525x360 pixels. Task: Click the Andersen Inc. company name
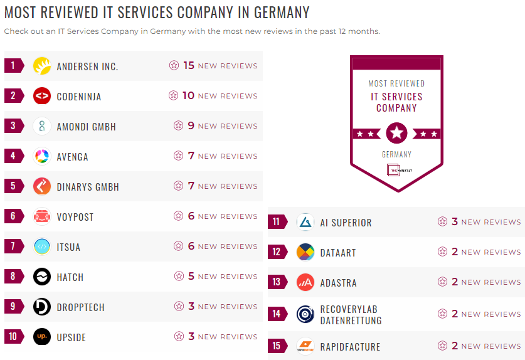point(87,66)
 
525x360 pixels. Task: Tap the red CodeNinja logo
point(42,96)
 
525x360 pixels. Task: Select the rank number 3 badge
point(13,126)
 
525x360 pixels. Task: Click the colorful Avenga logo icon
point(42,156)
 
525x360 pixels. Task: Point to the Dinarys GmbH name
point(88,187)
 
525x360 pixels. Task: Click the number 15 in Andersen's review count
point(189,65)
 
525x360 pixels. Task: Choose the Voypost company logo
point(42,216)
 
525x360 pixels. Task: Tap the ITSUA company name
point(68,247)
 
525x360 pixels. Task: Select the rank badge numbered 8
point(13,277)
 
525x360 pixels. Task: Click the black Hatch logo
point(42,277)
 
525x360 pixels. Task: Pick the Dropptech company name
point(80,307)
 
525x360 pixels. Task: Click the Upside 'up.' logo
point(42,337)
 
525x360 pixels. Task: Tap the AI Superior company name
point(346,223)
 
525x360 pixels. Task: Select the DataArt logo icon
point(305,252)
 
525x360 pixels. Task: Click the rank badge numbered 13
point(277,282)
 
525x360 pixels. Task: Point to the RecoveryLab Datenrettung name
point(351,315)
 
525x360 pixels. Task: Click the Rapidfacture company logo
point(305,346)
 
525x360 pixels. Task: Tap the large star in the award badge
point(396,133)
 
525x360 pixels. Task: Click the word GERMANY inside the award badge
point(396,154)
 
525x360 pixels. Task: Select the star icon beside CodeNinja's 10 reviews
point(174,95)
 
